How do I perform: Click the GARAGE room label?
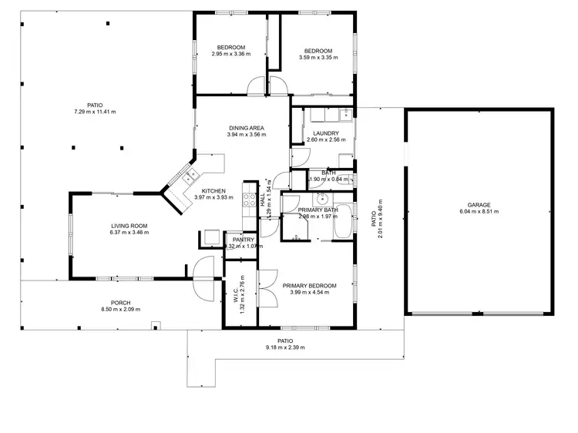[x=479, y=205]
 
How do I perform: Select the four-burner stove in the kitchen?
[x=249, y=200]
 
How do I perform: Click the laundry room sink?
[x=344, y=116]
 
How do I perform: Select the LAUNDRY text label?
[x=321, y=133]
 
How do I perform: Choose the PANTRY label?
[x=243, y=240]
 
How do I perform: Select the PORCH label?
[x=120, y=303]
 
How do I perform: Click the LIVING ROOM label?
[x=128, y=226]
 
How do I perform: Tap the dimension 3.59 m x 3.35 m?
[x=318, y=55]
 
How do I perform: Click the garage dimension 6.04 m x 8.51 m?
[x=479, y=212]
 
